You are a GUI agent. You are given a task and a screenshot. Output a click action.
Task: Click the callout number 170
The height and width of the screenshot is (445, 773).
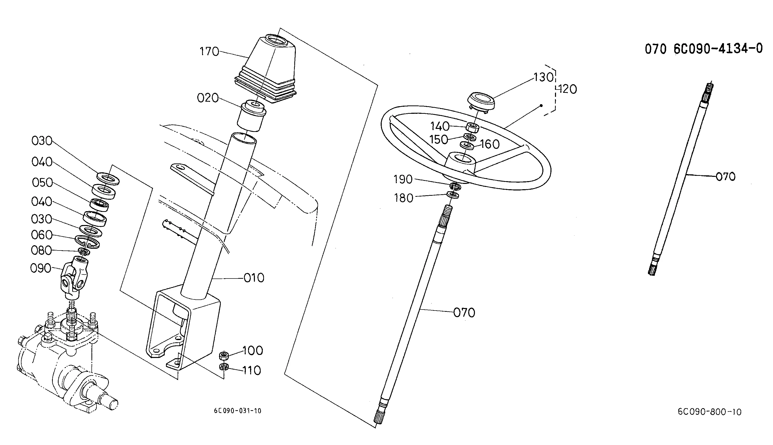[209, 51]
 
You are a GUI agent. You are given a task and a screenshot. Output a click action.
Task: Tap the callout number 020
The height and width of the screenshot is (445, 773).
[208, 98]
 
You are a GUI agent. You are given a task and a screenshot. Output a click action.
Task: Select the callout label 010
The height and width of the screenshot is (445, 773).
[254, 278]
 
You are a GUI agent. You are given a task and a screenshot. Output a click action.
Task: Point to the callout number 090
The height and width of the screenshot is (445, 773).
[41, 268]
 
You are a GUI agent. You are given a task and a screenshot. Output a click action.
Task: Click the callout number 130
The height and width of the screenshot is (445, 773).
[544, 77]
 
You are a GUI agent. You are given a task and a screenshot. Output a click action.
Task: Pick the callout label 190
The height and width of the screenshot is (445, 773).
[403, 179]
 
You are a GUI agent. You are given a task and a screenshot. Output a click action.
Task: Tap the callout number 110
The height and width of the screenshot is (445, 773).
[252, 370]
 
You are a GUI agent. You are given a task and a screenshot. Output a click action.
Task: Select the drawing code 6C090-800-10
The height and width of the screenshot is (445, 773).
[710, 412]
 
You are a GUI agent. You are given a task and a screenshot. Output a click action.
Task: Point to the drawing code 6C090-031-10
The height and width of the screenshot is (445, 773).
[237, 411]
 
